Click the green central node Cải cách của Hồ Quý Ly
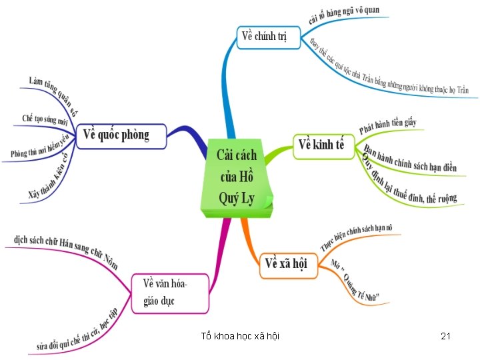point(237,177)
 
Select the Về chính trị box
point(263,36)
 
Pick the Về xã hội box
point(286,264)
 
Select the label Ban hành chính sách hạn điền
point(409,159)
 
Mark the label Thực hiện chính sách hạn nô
point(356,237)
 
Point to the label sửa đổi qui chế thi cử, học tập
point(77,330)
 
